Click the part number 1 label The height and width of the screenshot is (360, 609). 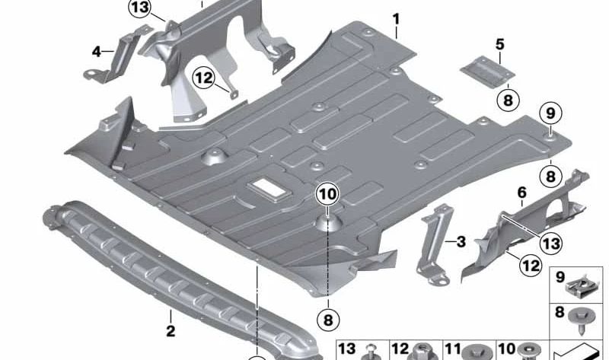[396, 20]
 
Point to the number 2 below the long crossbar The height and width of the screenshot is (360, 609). [171, 331]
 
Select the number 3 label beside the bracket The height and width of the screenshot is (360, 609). [461, 242]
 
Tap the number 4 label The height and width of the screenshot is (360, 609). [97, 51]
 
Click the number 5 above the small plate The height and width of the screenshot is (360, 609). [500, 45]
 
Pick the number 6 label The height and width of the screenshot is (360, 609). [521, 193]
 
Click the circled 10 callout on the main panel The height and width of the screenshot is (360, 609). [327, 194]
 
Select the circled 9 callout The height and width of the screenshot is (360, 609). [550, 113]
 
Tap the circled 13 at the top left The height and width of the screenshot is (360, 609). [140, 8]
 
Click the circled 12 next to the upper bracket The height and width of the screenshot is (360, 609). [203, 78]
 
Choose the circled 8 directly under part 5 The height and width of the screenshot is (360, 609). [508, 100]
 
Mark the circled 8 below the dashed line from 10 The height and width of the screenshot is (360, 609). [328, 320]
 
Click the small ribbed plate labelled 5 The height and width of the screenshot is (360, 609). [487, 72]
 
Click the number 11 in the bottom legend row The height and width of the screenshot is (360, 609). [453, 349]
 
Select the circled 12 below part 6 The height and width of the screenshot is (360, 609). [531, 266]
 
